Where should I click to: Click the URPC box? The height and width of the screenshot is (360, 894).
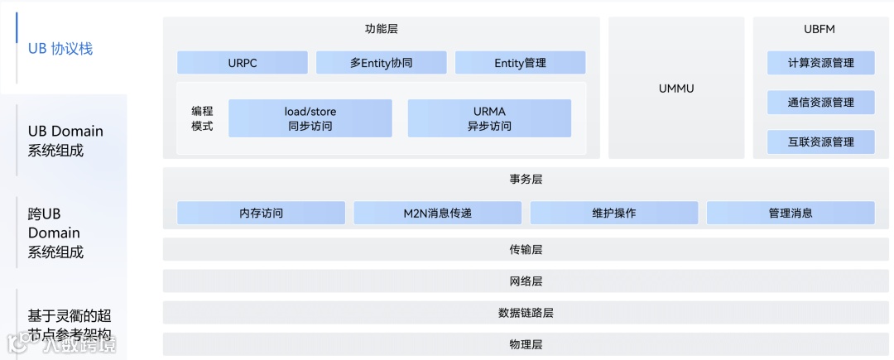243,63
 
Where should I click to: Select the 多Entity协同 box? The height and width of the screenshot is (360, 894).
381,63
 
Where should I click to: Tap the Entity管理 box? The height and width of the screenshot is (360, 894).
520,63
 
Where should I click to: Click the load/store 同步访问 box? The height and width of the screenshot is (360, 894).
310,118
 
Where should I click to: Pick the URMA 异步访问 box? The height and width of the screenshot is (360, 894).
489,118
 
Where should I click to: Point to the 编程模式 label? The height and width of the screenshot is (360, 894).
202,118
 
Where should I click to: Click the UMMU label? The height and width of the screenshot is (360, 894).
676,87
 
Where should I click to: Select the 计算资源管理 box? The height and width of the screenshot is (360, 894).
820,63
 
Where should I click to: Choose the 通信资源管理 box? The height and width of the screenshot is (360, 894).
820,103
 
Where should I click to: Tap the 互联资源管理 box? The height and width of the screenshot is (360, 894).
820,142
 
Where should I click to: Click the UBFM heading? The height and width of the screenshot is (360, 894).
819,29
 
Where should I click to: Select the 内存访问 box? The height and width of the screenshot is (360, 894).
261,213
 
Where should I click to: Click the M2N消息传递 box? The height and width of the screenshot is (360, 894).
437,213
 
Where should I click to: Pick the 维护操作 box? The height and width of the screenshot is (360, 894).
613,213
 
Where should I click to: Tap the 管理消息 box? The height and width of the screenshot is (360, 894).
791,213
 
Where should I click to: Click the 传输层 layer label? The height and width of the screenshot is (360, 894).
526,249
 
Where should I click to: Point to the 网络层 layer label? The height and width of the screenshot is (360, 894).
526,281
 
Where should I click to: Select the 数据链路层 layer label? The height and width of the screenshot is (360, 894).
526,313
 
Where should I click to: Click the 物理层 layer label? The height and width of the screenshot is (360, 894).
526,344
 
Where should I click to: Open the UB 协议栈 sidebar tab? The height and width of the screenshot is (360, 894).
60,49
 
